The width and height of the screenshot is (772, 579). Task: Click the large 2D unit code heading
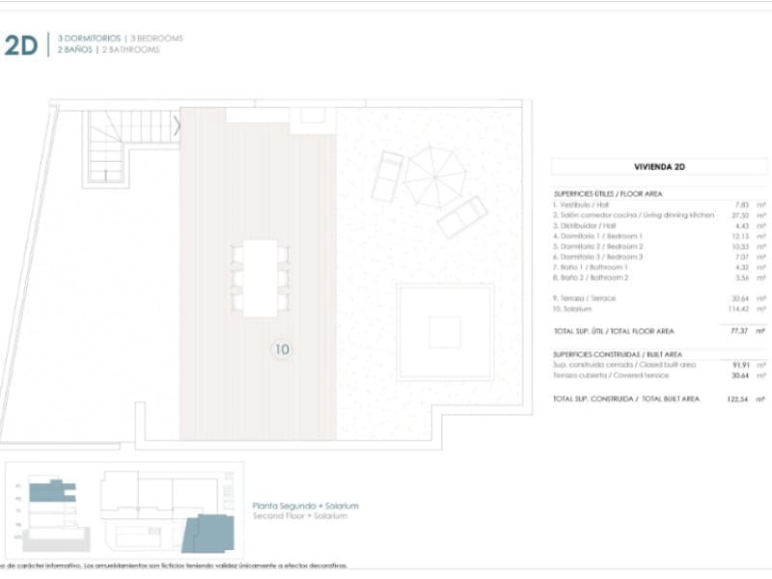pyautogui.click(x=20, y=44)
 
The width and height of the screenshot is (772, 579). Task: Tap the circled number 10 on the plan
pyautogui.click(x=282, y=349)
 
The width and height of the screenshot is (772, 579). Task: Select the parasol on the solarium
pyautogui.click(x=434, y=178)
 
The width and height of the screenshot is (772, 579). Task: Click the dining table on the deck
pyautogui.click(x=260, y=278)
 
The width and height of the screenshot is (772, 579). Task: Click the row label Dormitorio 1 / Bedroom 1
pyautogui.click(x=598, y=235)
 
